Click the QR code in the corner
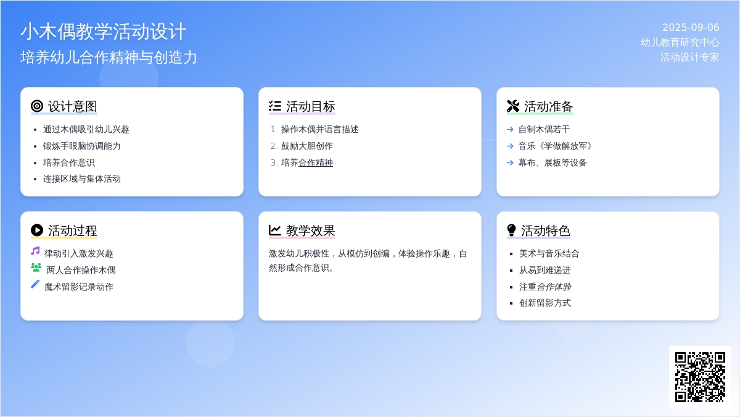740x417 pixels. tap(700, 377)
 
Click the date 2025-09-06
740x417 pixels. tap(691, 27)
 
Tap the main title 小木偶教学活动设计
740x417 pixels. tap(104, 32)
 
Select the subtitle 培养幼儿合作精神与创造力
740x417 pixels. tap(109, 57)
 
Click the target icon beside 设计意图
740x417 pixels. tap(37, 106)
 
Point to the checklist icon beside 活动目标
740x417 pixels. tap(275, 106)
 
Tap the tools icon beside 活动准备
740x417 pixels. tap(513, 106)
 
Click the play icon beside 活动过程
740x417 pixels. tap(37, 230)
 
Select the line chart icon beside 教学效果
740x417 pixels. tap(275, 230)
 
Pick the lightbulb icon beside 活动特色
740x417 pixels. tap(511, 230)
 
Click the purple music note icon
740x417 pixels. tap(35, 251)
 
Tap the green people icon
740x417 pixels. tap(36, 267)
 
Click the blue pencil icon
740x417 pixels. tap(35, 284)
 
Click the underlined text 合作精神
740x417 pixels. tap(316, 163)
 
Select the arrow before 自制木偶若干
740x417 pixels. tap(510, 129)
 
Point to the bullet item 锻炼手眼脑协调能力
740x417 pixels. tap(81, 146)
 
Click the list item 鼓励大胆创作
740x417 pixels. tap(307, 146)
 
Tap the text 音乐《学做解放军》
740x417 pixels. tap(555, 146)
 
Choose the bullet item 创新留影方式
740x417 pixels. tap(545, 303)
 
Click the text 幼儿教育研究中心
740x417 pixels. tap(680, 43)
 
